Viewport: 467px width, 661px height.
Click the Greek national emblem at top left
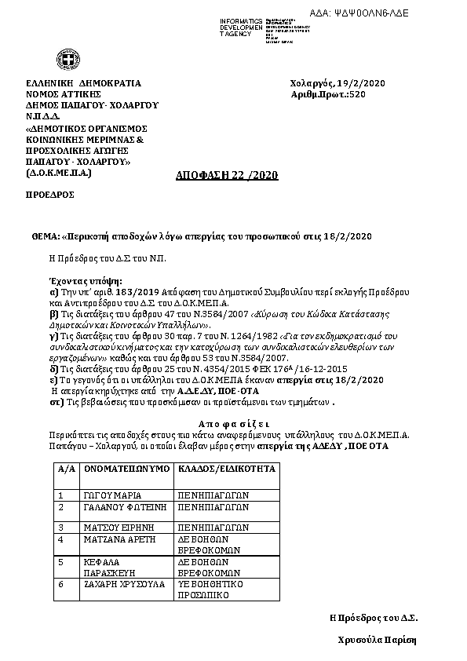[64, 60]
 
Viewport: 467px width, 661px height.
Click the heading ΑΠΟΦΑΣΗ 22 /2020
[226, 175]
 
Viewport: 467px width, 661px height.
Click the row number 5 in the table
[60, 563]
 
